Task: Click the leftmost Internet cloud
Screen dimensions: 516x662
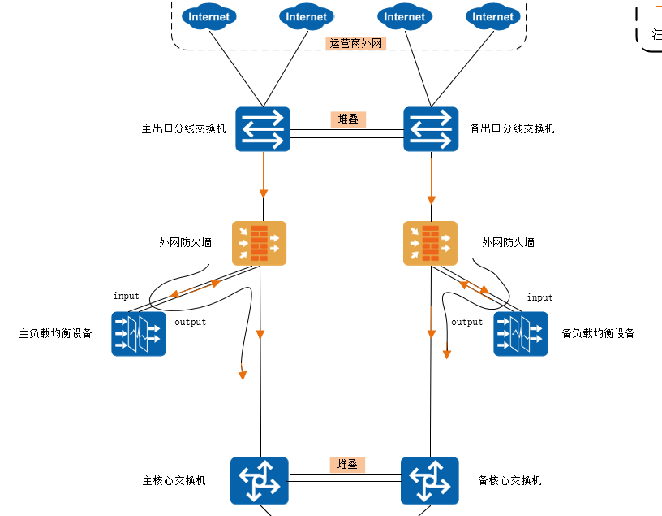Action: tap(209, 16)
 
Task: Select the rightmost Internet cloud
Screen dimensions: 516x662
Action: tap(493, 16)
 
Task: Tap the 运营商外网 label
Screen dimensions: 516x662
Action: tap(356, 44)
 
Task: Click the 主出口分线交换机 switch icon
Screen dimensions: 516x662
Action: tap(263, 129)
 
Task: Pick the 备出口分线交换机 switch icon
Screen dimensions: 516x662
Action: tap(431, 129)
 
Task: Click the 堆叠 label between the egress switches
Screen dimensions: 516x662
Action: tap(348, 119)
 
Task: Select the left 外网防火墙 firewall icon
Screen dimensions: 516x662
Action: tap(260, 243)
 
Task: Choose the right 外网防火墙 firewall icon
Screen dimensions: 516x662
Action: tap(431, 243)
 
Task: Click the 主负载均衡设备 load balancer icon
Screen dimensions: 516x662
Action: tap(138, 334)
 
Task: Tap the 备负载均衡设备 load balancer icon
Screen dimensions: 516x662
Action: tap(521, 334)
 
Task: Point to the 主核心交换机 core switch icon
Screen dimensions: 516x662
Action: tap(260, 481)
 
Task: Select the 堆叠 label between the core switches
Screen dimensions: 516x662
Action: tap(347, 465)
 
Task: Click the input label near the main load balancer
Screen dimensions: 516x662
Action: tap(127, 297)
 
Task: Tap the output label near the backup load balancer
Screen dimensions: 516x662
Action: tap(466, 323)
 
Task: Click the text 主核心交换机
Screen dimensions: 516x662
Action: tap(174, 481)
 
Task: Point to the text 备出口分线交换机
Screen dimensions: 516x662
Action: tap(513, 129)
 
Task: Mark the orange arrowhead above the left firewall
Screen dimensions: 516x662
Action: tap(264, 193)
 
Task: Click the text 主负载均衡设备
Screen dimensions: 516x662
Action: tap(56, 334)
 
